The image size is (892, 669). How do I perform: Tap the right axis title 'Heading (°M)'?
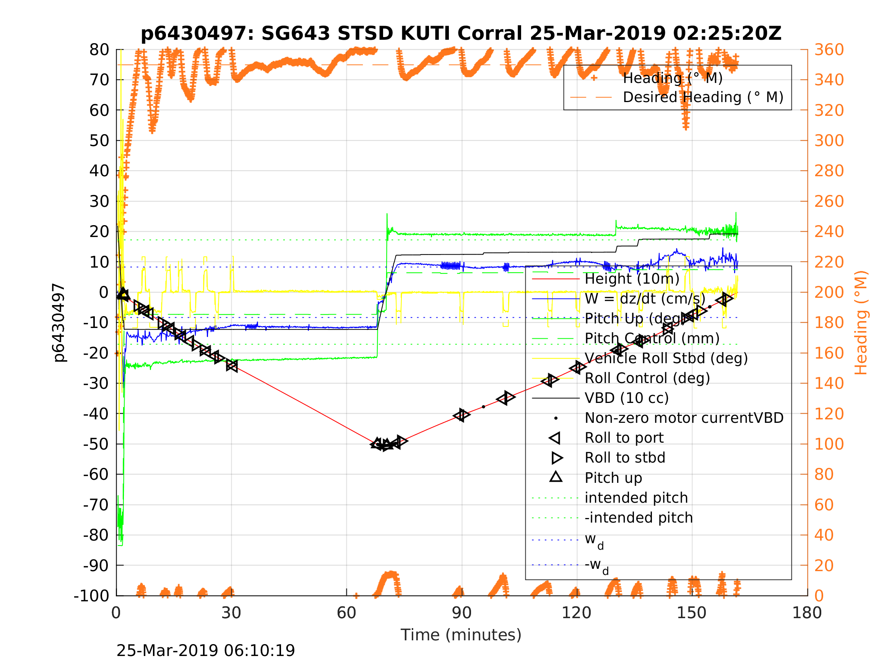[x=861, y=323]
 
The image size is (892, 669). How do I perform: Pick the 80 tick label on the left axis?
[x=99, y=50]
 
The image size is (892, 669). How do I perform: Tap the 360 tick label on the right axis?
[x=829, y=50]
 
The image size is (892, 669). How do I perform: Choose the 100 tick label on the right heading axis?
[x=829, y=444]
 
